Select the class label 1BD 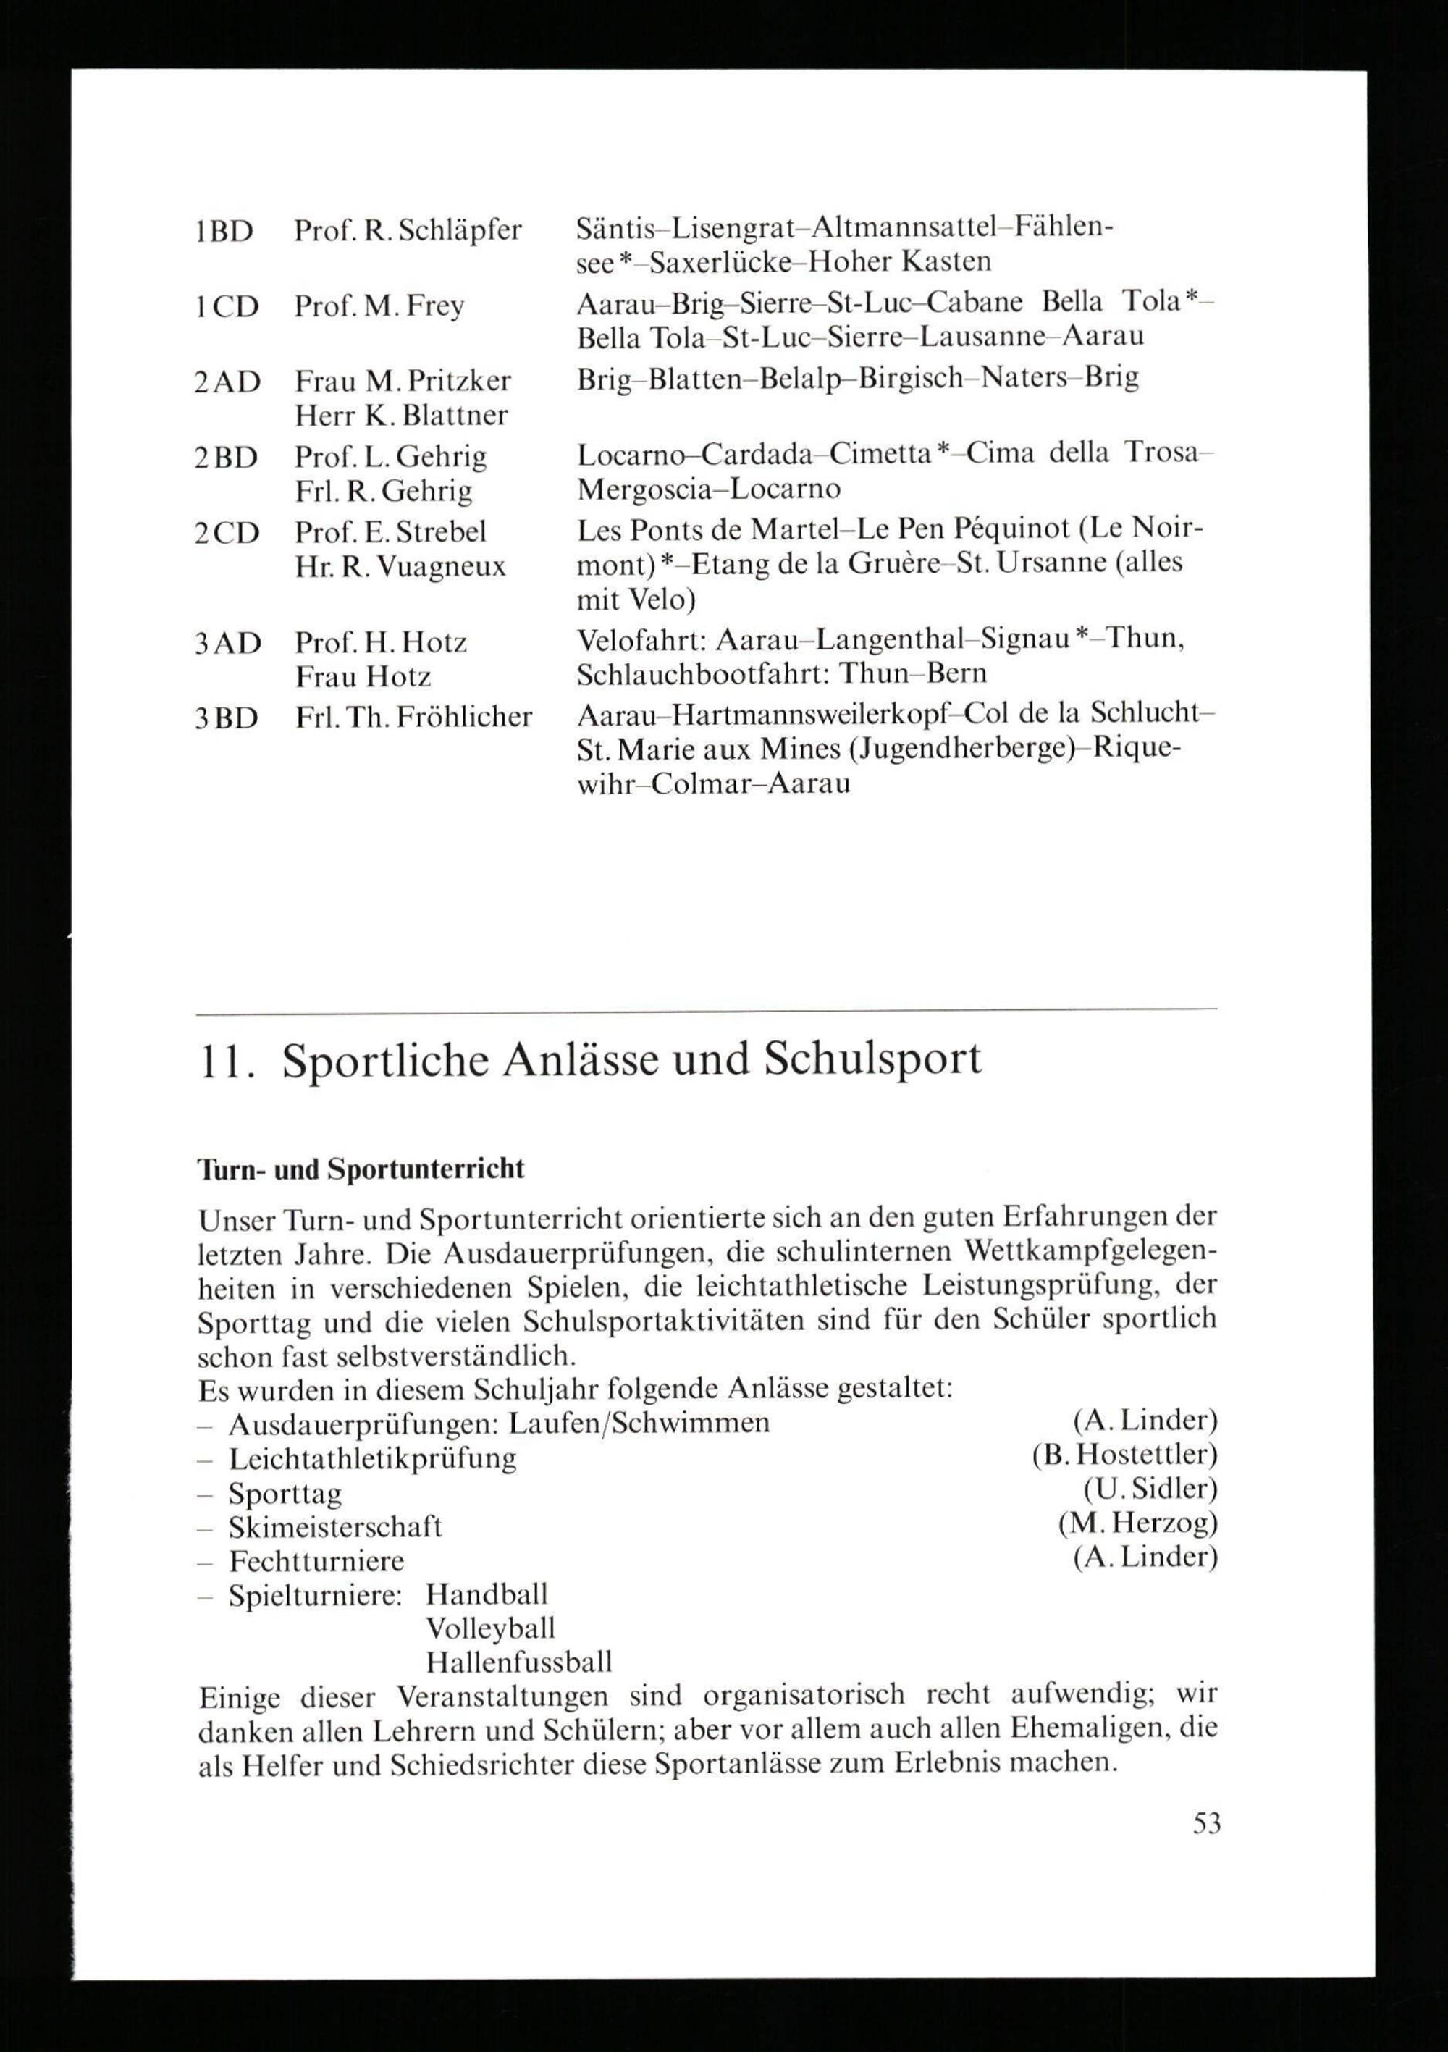point(224,232)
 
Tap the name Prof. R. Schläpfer point(408,232)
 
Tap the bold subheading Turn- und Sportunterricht point(361,1170)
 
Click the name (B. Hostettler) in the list point(1124,1455)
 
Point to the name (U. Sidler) point(1150,1489)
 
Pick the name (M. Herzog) point(1137,1522)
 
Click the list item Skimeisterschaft point(335,1526)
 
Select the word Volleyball point(491,1628)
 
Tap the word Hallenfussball point(519,1662)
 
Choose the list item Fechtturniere point(316,1561)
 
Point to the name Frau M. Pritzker point(403,382)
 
